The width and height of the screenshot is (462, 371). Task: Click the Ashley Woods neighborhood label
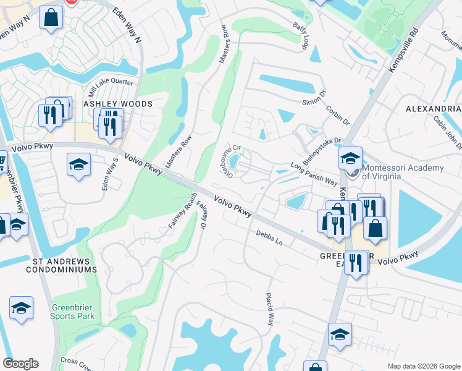click(117, 104)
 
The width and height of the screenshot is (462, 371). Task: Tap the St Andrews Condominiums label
click(62, 265)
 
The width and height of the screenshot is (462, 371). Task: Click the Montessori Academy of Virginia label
click(403, 172)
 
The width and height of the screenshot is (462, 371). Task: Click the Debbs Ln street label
click(270, 239)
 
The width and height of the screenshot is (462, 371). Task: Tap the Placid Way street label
click(270, 309)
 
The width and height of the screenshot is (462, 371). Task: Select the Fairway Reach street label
click(183, 211)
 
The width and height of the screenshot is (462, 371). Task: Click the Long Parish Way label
click(314, 175)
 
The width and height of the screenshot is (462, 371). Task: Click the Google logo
click(20, 364)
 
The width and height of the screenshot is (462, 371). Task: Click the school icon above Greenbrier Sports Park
click(21, 307)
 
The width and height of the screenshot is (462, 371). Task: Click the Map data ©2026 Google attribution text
click(423, 366)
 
